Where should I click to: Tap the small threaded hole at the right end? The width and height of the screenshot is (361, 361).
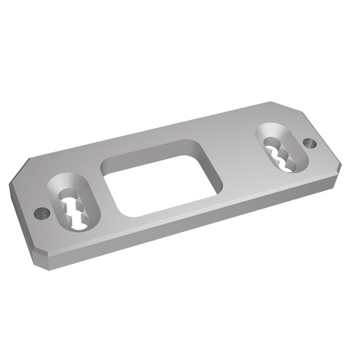pos(310,143)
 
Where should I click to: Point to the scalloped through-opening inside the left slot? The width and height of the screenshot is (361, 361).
pos(75,211)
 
